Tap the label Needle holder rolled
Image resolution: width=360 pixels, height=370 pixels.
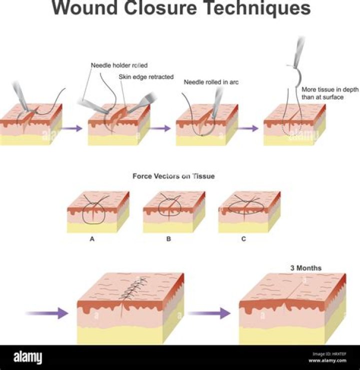tap(119, 65)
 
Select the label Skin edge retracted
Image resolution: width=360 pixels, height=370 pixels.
tap(146, 77)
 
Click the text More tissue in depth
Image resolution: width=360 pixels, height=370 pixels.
tap(323, 90)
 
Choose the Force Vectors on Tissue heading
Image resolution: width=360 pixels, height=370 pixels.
tap(173, 176)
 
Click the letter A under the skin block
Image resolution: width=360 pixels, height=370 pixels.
tap(92, 239)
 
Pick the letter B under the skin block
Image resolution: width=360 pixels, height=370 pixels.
tap(168, 239)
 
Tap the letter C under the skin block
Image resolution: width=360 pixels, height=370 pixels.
tap(243, 239)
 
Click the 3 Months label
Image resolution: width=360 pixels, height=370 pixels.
tap(306, 268)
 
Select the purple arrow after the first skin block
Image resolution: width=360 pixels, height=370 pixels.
tap(74, 128)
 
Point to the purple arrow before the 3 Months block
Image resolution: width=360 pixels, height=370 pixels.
tap(209, 313)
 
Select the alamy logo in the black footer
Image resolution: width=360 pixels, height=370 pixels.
tap(27, 357)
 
